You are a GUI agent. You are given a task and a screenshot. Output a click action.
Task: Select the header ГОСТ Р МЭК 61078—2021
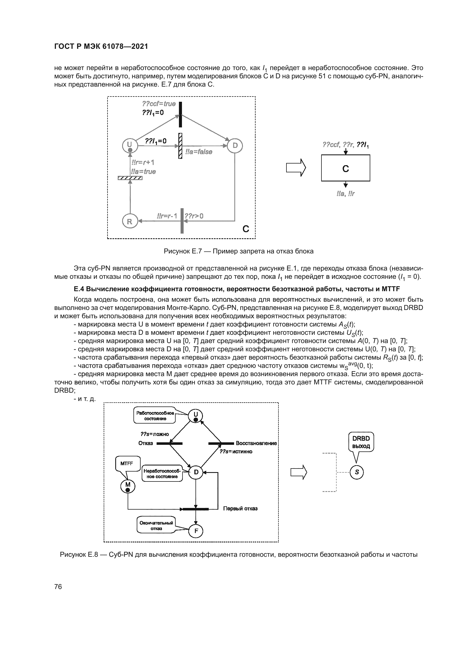point(101,47)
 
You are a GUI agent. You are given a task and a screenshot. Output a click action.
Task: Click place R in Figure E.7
point(130,221)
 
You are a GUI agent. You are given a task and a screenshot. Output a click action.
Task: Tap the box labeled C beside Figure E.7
point(345,168)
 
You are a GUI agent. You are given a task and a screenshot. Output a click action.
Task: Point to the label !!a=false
point(199,152)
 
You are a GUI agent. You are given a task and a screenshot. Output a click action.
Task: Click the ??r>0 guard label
point(194,216)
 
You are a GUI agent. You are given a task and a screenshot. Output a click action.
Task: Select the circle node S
point(356,472)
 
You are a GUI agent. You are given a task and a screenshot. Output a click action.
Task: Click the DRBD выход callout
point(361,442)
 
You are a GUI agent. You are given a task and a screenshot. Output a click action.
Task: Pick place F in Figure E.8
point(196,531)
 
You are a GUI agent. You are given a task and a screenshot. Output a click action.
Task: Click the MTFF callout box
point(127,464)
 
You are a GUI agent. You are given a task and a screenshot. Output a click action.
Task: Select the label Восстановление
point(256,443)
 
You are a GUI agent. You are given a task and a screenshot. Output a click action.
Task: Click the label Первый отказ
point(240,508)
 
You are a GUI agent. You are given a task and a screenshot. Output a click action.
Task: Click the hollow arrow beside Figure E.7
point(296,168)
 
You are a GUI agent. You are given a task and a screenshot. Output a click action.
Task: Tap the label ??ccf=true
point(159,104)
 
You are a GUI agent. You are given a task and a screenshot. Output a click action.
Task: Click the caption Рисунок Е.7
point(239,251)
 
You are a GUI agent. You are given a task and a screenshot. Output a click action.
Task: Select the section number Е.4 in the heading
point(79,289)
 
